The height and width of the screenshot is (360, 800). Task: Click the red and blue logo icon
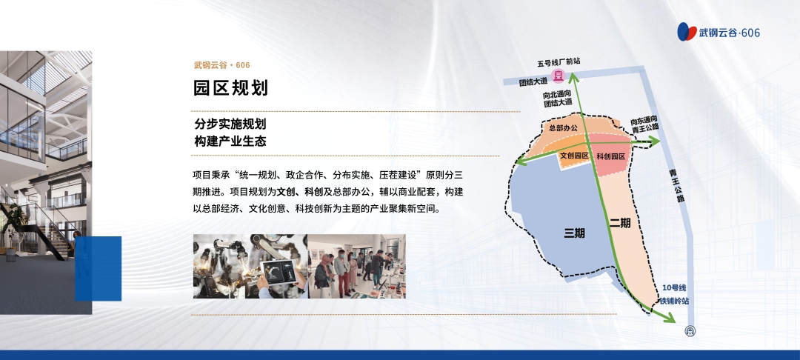[x=687, y=32]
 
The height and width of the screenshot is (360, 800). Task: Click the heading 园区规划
[x=230, y=87]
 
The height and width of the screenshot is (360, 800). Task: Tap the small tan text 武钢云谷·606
[x=222, y=65]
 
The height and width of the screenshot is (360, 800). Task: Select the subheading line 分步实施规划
[x=230, y=124]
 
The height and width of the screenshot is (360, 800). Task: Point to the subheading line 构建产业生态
[x=230, y=141]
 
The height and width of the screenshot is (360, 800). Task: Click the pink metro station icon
[x=559, y=76]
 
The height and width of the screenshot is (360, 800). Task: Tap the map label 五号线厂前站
[x=559, y=62]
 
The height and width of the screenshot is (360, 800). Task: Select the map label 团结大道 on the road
[x=533, y=81]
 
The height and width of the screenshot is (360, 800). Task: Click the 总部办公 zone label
[x=564, y=128]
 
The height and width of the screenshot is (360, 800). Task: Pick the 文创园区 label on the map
[x=575, y=156]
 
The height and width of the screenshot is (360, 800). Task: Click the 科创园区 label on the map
[x=610, y=156]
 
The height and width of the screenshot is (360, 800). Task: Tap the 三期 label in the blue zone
[x=574, y=233]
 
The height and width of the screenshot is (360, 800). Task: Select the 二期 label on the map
[x=621, y=223]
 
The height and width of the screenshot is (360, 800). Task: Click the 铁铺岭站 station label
[x=675, y=301]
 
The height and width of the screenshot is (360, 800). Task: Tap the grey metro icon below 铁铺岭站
[x=690, y=331]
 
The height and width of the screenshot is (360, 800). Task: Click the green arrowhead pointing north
[x=573, y=78]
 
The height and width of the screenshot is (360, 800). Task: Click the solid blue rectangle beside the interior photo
[x=98, y=269]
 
